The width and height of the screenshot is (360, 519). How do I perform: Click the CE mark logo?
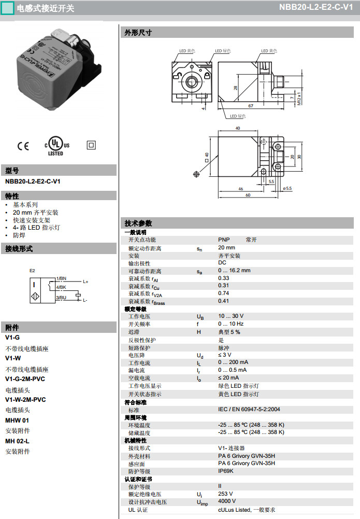23,146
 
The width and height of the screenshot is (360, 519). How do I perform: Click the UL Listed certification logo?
57,146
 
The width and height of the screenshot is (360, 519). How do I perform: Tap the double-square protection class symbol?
91,145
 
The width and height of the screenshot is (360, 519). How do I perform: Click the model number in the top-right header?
316,7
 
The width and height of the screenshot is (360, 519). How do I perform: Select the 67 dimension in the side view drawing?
251,106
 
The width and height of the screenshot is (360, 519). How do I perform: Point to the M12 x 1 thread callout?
299,99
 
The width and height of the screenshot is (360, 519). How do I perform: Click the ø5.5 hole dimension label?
287,188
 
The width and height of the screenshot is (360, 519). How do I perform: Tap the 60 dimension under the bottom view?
248,195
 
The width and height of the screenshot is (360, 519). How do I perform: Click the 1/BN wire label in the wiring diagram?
61,278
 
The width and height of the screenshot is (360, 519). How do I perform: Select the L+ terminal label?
85,282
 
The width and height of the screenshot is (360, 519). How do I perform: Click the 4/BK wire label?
61,287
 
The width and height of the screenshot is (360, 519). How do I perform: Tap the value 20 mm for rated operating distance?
226,248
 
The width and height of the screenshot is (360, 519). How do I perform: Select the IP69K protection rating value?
226,471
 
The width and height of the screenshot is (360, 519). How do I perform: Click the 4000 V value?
227,501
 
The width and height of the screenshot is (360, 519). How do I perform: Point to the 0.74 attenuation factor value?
223,293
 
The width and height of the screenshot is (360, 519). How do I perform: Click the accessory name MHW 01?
17,420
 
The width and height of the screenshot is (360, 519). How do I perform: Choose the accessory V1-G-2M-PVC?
25,379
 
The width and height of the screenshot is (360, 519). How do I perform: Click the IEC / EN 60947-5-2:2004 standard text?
249,410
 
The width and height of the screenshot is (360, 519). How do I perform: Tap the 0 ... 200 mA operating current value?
233,362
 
